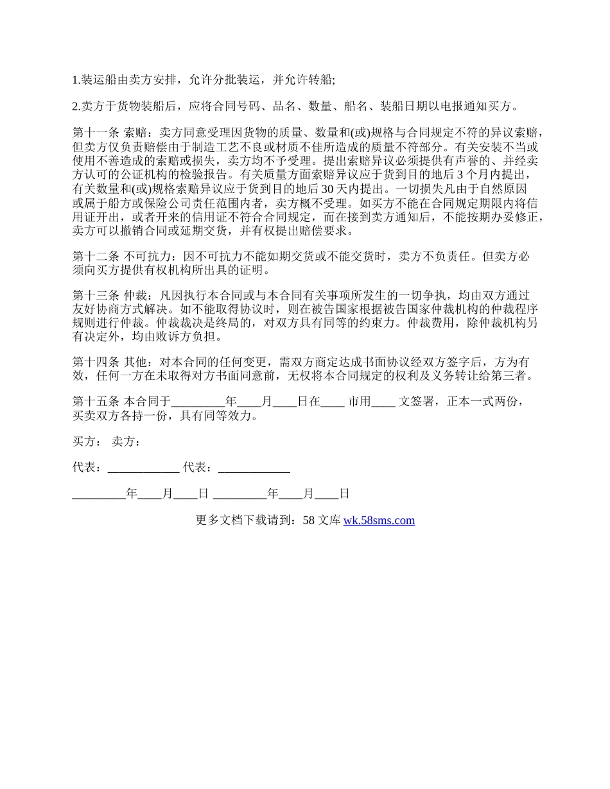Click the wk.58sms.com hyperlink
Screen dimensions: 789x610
click(x=379, y=520)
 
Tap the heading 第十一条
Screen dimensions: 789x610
click(x=96, y=133)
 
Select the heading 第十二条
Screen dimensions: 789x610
click(x=96, y=256)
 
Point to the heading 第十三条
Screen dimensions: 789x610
click(x=96, y=296)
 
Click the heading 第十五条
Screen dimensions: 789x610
click(x=96, y=402)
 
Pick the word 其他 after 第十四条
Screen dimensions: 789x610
click(x=135, y=362)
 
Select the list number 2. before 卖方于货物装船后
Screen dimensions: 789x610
click(x=76, y=106)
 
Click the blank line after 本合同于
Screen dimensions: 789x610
click(x=198, y=402)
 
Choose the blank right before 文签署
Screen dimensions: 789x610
click(x=383, y=402)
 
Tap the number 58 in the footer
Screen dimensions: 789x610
click(x=308, y=520)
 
